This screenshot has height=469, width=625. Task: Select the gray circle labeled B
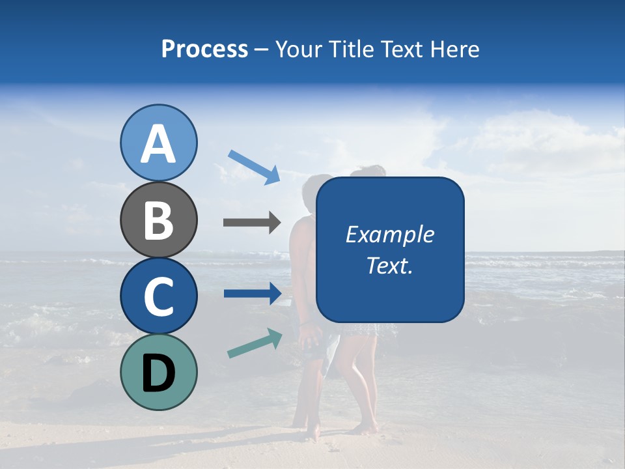click(x=158, y=220)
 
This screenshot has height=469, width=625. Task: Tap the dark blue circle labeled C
click(x=158, y=296)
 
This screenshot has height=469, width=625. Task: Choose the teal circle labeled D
click(x=158, y=372)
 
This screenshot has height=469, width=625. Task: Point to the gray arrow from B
click(x=251, y=222)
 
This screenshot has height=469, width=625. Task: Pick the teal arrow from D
click(x=255, y=343)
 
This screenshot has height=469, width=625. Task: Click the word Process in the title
click(x=204, y=50)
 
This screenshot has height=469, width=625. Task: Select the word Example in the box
click(x=390, y=234)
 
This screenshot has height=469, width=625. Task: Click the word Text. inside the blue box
click(x=390, y=265)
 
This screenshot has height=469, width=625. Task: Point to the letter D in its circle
click(x=158, y=373)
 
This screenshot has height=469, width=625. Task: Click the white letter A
click(x=158, y=144)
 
